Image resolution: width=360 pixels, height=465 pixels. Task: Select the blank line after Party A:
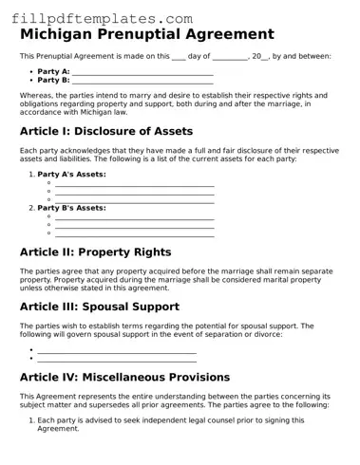point(142,72)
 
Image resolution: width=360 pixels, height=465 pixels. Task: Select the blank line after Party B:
point(142,81)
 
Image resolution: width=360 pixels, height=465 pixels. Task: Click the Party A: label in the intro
point(53,71)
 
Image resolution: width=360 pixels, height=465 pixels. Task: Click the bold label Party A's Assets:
point(71,175)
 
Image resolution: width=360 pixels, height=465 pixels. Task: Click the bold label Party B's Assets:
point(71,207)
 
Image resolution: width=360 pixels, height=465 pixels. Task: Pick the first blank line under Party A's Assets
point(134,183)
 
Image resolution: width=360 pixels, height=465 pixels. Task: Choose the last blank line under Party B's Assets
point(134,232)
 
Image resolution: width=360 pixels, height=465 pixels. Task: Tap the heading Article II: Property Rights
point(95,252)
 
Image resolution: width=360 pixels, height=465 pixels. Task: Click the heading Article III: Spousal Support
point(99,307)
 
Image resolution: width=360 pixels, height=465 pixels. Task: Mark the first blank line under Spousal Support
point(116,351)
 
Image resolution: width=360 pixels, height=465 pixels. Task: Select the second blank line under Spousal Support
point(116,359)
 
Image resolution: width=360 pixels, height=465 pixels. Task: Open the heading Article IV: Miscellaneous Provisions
point(124,377)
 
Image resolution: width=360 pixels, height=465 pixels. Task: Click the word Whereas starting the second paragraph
point(36,96)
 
